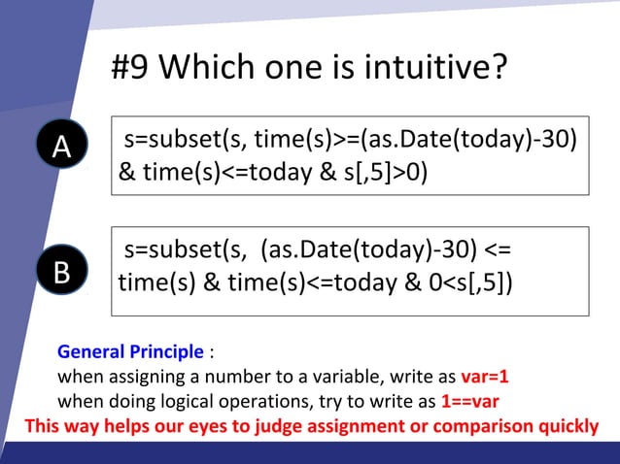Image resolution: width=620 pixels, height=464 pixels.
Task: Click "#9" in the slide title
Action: [x=131, y=69]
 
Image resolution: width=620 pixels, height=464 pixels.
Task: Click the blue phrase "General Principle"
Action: [x=131, y=351]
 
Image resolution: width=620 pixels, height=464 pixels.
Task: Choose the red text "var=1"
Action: [x=485, y=377]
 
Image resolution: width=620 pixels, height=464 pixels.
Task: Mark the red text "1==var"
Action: [x=470, y=401]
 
